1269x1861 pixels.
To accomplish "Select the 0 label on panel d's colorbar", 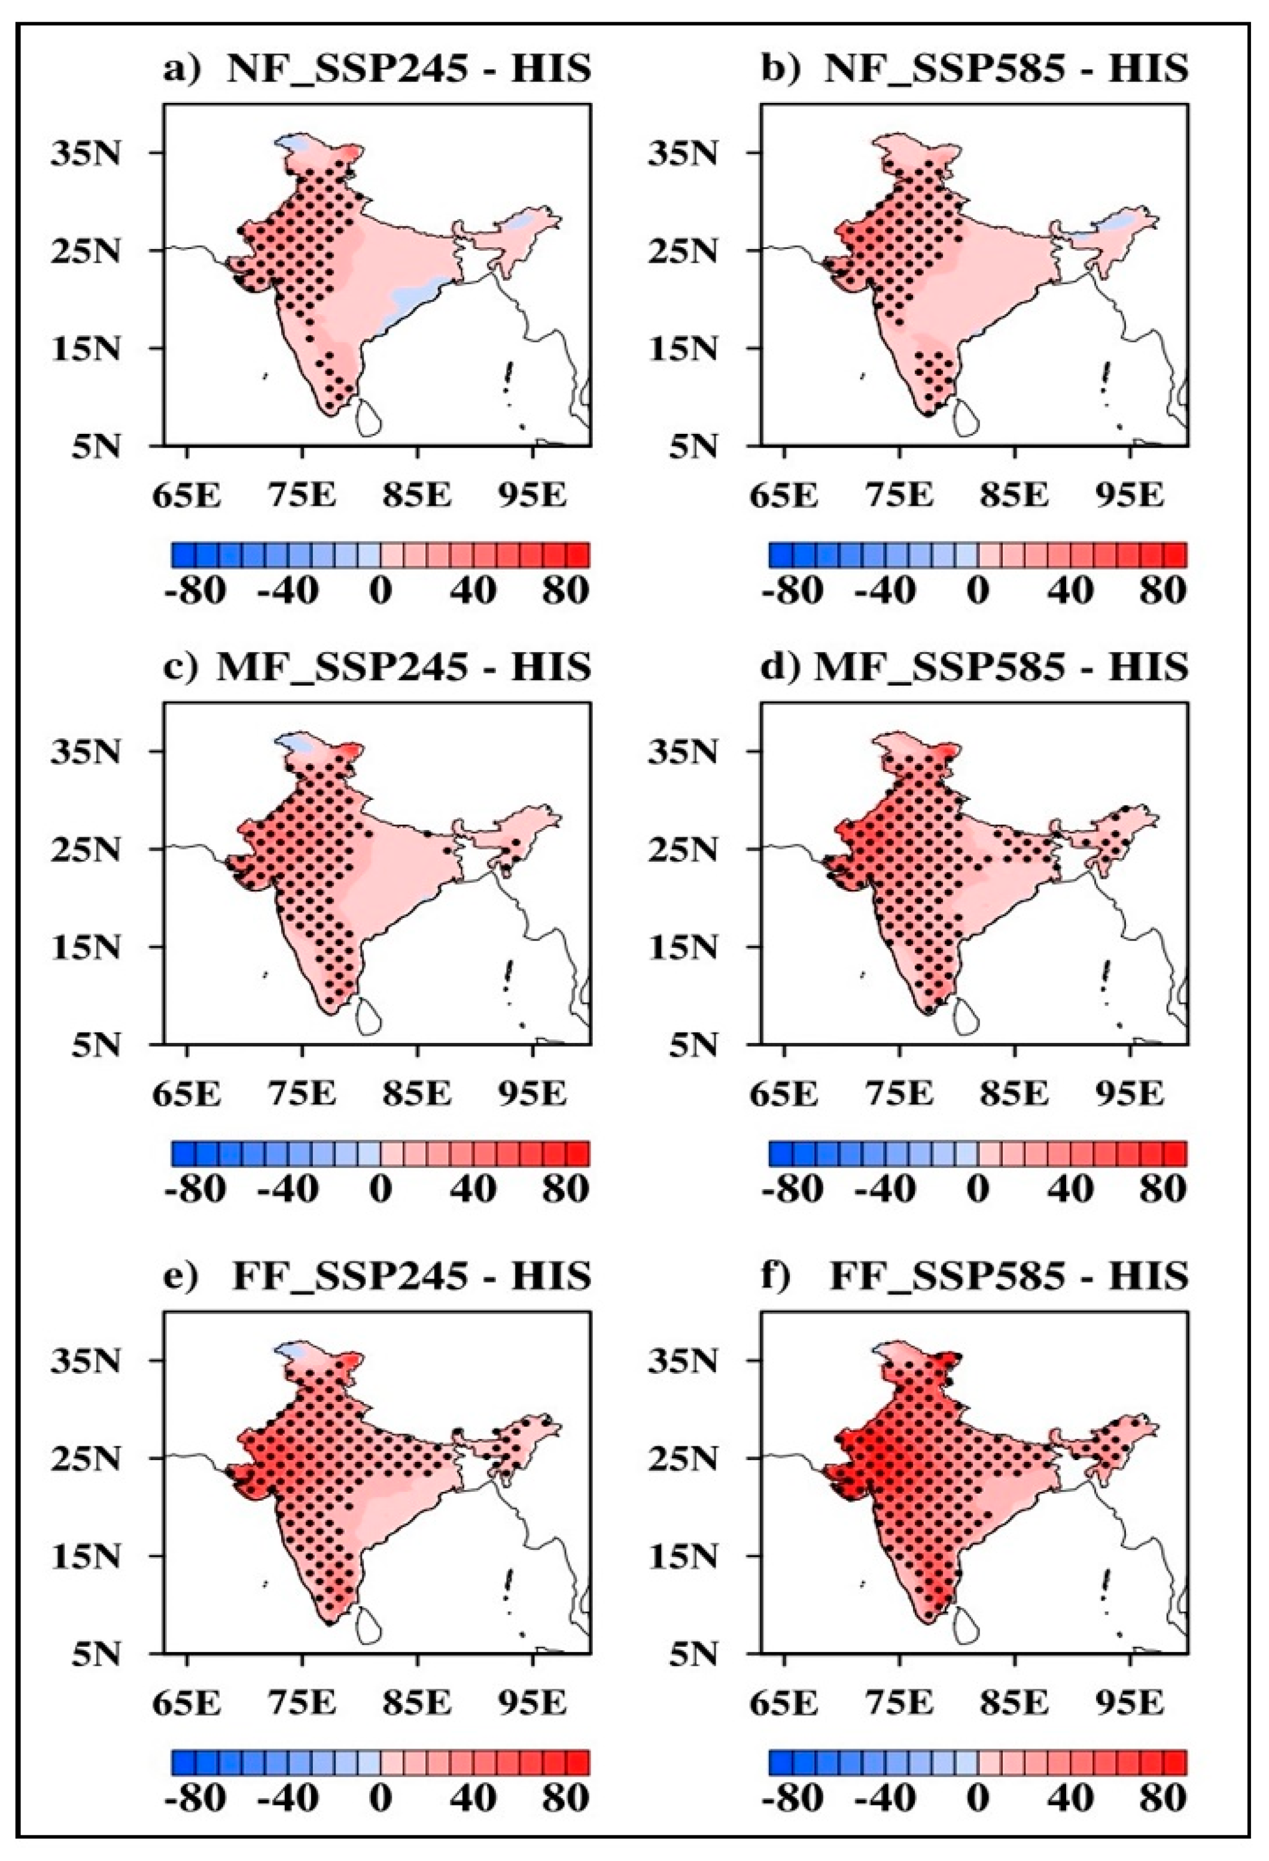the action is pyautogui.click(x=978, y=1189).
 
